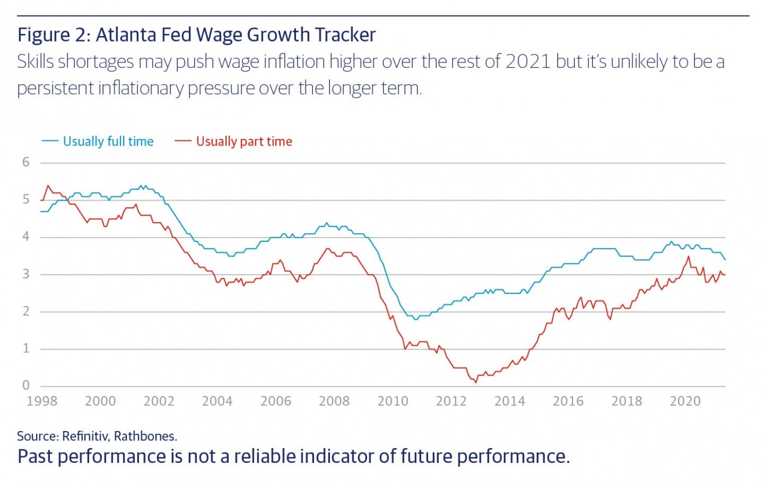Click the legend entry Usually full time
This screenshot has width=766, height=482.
[108, 141]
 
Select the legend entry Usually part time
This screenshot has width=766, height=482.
[244, 141]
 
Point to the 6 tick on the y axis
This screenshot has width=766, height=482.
[26, 162]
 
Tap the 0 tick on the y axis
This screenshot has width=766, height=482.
[26, 385]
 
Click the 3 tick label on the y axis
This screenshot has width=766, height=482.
[26, 274]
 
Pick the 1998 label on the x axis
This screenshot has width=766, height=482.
[42, 401]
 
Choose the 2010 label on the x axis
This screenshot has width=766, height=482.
[393, 401]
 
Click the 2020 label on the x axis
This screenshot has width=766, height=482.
[685, 401]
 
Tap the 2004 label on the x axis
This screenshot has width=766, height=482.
[217, 401]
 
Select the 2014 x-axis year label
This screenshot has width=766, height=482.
[509, 401]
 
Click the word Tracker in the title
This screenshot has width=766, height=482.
[345, 35]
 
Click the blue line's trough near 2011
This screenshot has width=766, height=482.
[416, 319]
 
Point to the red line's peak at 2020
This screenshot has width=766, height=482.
[688, 257]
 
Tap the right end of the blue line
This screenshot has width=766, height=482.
[725, 260]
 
